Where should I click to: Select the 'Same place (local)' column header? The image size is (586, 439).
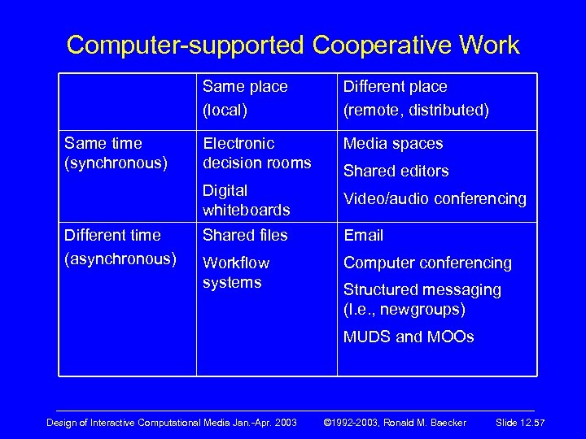(x=245, y=98)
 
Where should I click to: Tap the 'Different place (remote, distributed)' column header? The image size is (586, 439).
(x=416, y=98)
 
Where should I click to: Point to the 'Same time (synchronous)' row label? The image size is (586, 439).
(x=116, y=153)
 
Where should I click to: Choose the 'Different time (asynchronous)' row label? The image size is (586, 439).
(x=120, y=246)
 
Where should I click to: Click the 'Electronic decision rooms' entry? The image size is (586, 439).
(x=256, y=153)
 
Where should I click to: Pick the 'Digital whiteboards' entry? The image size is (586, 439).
(x=246, y=200)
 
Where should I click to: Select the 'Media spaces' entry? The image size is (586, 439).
(x=393, y=144)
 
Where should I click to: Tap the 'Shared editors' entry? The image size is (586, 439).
(x=396, y=172)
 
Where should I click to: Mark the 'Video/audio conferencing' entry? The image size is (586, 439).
(x=435, y=199)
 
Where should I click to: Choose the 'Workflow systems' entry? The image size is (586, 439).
(x=236, y=272)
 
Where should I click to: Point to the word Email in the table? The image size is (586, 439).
(x=363, y=235)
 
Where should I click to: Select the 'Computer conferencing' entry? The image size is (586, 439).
(x=427, y=263)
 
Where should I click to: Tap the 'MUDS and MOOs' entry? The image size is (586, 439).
(x=408, y=337)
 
